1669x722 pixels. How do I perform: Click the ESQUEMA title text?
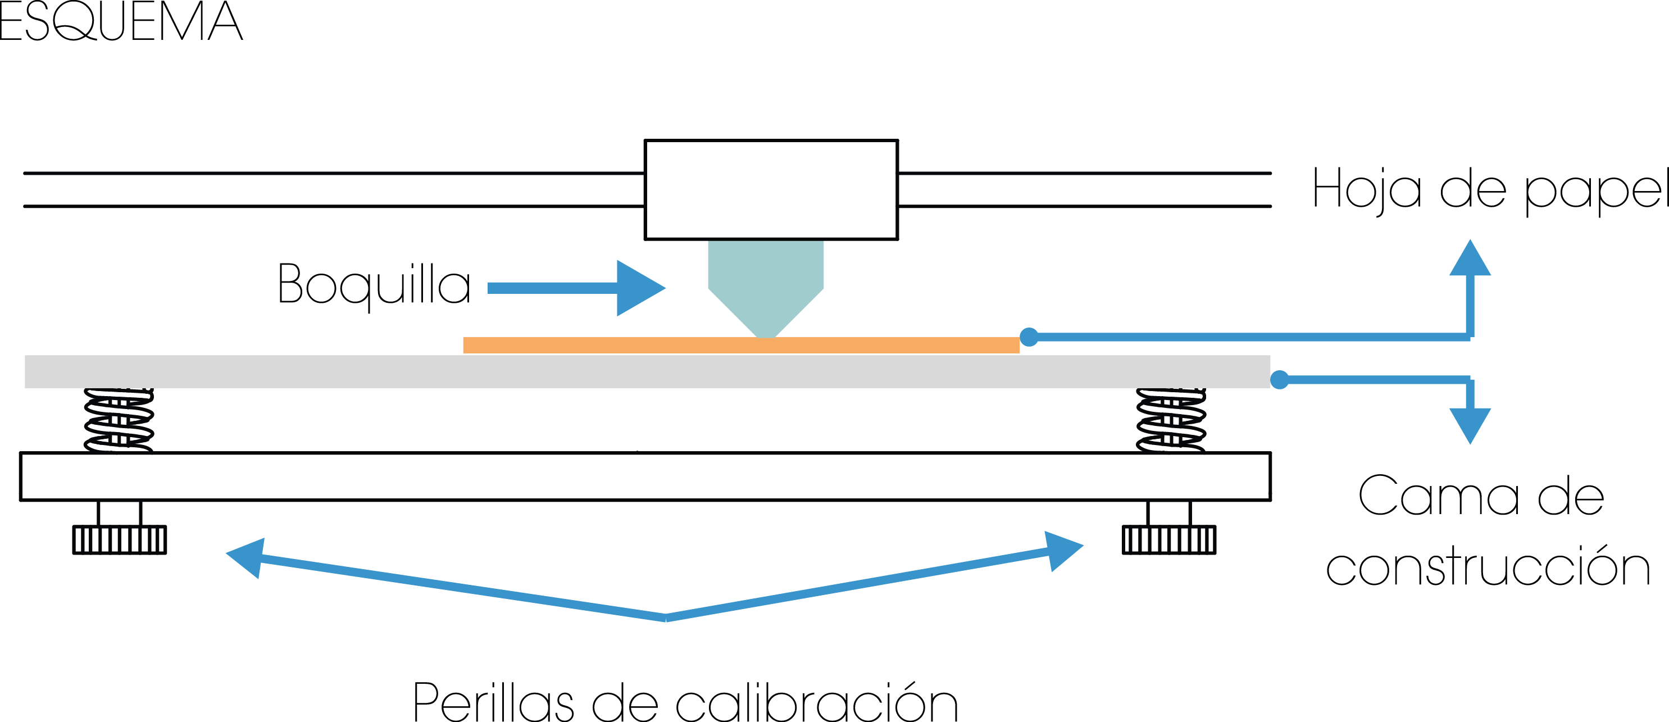coord(121,21)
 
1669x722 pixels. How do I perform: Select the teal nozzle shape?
coord(765,279)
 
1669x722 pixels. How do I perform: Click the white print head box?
coord(770,189)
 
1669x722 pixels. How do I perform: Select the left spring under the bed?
coord(119,420)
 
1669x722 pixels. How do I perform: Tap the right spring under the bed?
coord(1171,420)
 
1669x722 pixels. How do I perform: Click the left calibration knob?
coord(119,539)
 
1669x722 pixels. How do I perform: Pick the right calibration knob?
coord(1169,539)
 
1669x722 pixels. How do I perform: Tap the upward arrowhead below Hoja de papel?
coord(1470,259)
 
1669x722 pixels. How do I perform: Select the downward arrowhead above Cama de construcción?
coord(1470,425)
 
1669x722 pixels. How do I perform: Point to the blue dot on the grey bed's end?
coord(1280,379)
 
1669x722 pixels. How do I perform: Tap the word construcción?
coord(1488,566)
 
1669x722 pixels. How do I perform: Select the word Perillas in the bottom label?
coord(493,701)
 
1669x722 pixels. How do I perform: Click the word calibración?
coord(816,701)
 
